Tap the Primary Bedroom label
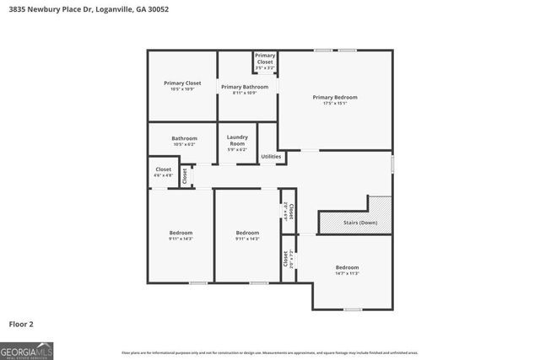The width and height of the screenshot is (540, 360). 335,98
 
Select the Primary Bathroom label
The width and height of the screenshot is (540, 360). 245,87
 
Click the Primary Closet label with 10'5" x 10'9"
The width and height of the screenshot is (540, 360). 182,83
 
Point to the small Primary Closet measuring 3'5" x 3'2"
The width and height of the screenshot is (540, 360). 265,59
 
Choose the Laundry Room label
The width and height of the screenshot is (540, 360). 237,140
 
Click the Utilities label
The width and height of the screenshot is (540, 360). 271,156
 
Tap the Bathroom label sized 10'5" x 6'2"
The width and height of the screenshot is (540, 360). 184,138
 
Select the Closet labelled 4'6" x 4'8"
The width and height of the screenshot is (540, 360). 163,169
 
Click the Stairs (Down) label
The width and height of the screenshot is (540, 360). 360,223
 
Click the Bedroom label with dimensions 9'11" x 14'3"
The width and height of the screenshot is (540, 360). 181,233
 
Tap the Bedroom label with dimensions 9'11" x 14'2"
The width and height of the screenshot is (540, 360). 247,233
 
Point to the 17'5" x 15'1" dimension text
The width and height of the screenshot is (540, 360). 335,105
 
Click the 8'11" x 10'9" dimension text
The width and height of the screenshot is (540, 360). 245,93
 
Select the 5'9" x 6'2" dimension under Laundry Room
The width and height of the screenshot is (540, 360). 237,149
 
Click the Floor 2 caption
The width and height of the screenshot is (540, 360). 21,323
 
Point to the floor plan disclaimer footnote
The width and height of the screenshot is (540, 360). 270,352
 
